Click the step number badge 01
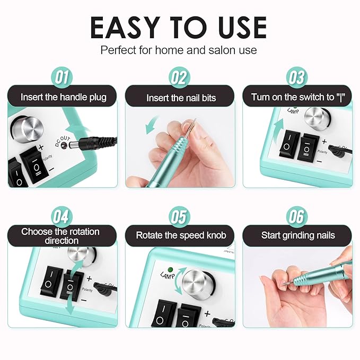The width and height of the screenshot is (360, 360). coord(63,77)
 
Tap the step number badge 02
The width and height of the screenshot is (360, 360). coord(179,77)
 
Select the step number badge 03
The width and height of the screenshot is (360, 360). coord(297,77)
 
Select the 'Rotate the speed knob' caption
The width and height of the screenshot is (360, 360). coord(179,235)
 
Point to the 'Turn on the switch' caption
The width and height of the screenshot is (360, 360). coord(297,98)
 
